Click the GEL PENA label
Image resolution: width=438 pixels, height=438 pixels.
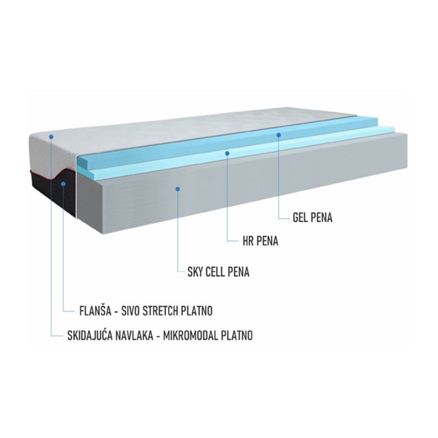[313, 218]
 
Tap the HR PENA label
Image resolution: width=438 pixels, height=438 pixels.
[261, 241]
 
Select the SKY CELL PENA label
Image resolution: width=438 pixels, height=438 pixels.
[218, 272]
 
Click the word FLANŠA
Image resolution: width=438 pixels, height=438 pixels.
[95, 310]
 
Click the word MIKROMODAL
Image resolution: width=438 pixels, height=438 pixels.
[191, 336]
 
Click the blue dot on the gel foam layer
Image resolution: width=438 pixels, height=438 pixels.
[279, 135]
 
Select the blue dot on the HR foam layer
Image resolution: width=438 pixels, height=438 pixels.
[227, 153]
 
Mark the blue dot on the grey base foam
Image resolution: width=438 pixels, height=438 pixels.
[177, 189]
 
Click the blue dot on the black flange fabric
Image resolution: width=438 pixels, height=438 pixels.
[64, 184]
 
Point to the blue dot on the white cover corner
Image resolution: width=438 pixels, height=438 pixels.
[51, 136]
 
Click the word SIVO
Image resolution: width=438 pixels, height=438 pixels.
[131, 311]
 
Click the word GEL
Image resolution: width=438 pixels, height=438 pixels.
[299, 218]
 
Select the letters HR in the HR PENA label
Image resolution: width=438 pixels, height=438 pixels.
[248, 241]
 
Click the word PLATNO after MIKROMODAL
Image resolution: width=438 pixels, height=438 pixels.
[237, 336]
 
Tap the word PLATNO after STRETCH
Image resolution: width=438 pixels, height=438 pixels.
[197, 311]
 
